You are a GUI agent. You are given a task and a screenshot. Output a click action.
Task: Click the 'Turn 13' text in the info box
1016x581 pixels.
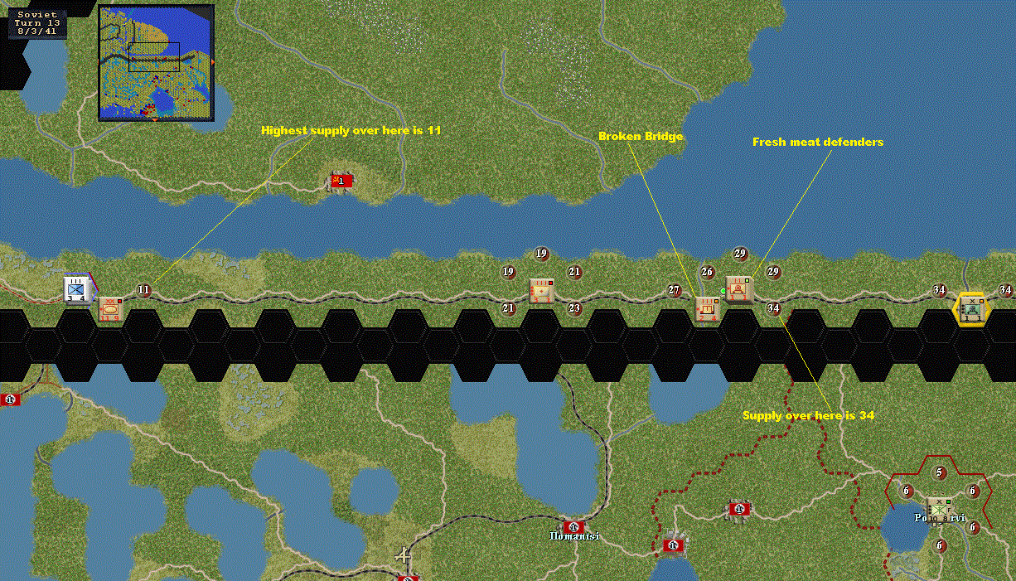(x=38, y=22)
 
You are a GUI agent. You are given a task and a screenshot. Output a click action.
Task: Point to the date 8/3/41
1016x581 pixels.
(x=38, y=31)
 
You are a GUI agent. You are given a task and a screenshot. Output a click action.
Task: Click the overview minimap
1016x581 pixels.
(x=156, y=62)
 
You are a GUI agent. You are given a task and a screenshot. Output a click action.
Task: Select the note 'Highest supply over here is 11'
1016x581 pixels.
(x=350, y=130)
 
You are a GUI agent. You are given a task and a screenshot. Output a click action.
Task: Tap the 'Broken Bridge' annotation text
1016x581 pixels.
(x=641, y=136)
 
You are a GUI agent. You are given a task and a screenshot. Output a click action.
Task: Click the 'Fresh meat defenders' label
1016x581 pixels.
(x=817, y=142)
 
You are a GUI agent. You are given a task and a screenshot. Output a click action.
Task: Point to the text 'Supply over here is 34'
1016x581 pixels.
(x=808, y=415)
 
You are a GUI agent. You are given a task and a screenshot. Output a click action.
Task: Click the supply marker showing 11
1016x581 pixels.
(x=144, y=290)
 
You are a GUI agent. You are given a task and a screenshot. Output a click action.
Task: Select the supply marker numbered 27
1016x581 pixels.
(x=675, y=290)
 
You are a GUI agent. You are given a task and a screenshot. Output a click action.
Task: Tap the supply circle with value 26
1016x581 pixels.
(x=707, y=272)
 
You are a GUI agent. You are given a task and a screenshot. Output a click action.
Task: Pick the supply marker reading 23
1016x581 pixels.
(x=574, y=308)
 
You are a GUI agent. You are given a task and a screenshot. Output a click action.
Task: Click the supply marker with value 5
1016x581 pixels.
(x=940, y=473)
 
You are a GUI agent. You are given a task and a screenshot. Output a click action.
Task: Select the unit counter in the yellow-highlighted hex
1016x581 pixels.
(x=971, y=308)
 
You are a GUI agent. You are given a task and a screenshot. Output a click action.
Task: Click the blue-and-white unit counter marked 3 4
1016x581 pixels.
(x=77, y=290)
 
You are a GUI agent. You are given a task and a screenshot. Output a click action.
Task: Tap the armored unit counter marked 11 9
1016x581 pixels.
(x=110, y=309)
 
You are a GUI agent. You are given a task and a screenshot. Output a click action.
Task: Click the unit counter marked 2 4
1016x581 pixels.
(x=707, y=308)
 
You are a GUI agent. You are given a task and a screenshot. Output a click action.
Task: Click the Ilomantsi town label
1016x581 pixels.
(x=573, y=536)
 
